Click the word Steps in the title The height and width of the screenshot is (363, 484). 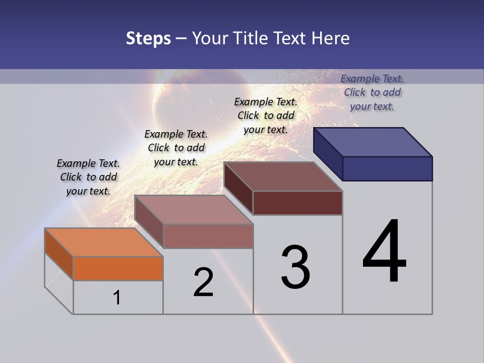coord(148,39)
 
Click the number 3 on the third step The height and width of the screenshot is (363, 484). coord(295,268)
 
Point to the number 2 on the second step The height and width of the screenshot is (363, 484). coord(204,282)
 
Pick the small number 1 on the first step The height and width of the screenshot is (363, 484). coord(117,298)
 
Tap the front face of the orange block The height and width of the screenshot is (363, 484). coord(118,268)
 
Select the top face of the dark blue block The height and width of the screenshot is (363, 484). coord(373,142)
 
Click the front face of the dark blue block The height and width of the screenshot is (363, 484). coord(387,168)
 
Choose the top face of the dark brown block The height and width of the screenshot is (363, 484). coord(283,176)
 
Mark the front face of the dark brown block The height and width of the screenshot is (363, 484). coord(297,203)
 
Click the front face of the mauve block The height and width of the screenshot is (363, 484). coord(208,236)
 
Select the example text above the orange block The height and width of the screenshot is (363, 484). coord(88,177)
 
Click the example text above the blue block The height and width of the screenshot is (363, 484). coord(372,92)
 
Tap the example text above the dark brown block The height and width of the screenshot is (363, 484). coord(266,115)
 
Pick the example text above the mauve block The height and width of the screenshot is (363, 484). coord(176,148)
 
